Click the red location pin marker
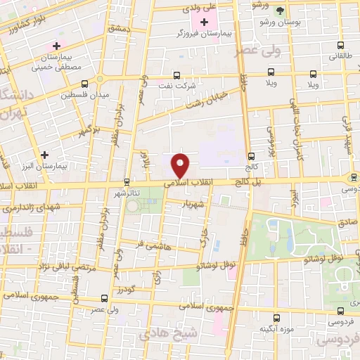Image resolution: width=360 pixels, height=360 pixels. [181, 164]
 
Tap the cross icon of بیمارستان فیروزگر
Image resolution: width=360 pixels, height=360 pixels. [205, 22]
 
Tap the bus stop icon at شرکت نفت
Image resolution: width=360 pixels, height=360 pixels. [176, 75]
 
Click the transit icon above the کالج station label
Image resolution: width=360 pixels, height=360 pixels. [251, 156]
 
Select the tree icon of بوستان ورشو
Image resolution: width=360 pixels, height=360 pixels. [281, 11]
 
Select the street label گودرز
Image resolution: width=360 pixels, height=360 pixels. [126, 290]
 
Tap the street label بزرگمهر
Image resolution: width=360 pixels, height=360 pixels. [86, 129]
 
